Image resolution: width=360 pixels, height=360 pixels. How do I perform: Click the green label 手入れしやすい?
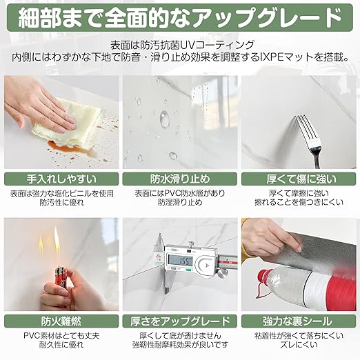click(x=61, y=179)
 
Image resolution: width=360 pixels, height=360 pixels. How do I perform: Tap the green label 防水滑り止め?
click(x=180, y=179)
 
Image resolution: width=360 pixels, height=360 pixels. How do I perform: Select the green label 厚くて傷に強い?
click(x=299, y=179)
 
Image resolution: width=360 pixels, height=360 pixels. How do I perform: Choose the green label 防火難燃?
click(x=61, y=321)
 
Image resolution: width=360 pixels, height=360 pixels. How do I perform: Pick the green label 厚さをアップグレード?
click(x=180, y=321)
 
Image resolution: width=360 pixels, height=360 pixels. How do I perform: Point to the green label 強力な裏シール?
click(x=299, y=321)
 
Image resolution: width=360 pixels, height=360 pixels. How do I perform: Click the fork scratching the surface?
click(x=310, y=139)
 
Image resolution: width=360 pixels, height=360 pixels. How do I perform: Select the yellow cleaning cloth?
click(x=67, y=123)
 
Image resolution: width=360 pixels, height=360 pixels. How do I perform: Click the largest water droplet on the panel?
click(x=164, y=119)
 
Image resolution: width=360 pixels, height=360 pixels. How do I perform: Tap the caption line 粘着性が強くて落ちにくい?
click(x=299, y=336)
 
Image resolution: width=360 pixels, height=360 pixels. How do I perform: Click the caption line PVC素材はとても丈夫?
click(x=61, y=336)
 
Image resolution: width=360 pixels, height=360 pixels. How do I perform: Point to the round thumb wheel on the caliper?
click(x=206, y=265)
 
